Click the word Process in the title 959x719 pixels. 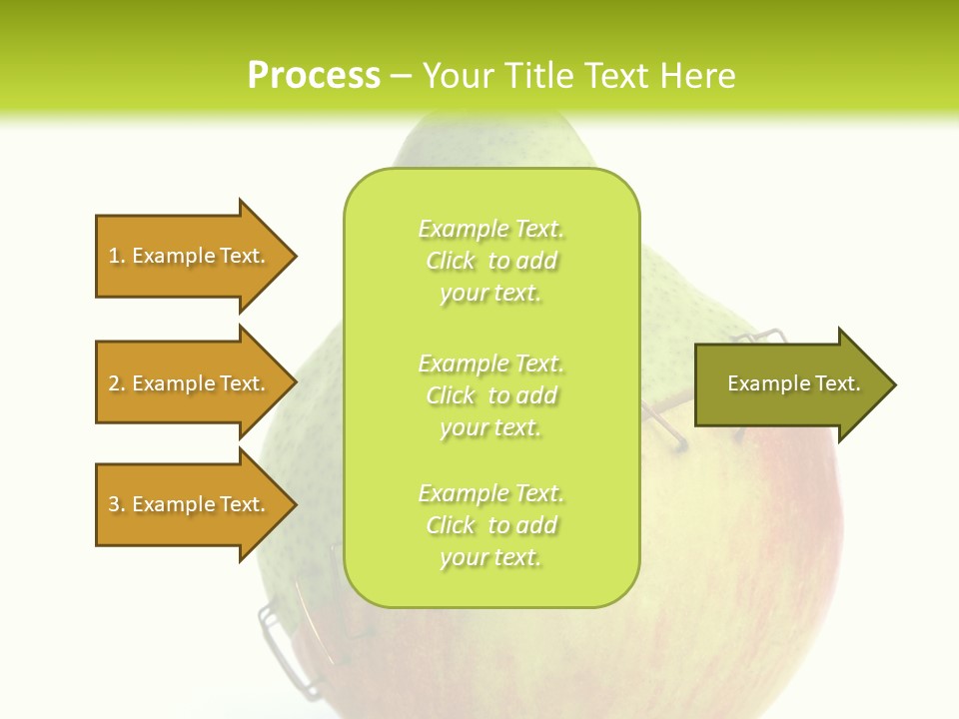(x=314, y=75)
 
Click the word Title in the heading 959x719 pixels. (x=538, y=75)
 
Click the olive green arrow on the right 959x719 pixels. (x=789, y=383)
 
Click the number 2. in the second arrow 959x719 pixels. (x=117, y=383)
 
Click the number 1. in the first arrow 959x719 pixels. (x=117, y=256)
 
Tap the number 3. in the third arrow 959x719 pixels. (x=117, y=504)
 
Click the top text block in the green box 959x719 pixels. (x=491, y=261)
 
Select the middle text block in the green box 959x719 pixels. (x=491, y=395)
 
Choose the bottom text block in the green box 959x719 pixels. (x=491, y=525)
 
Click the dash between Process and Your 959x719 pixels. (x=401, y=76)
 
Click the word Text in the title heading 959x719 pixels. (x=616, y=75)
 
